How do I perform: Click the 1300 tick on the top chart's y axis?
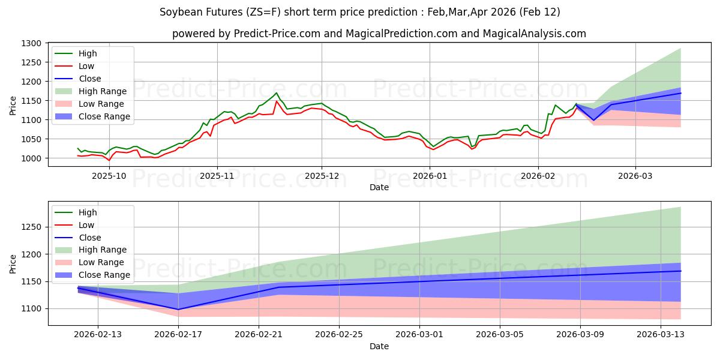point(32,43)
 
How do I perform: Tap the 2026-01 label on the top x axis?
point(430,176)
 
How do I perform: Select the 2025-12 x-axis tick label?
point(322,176)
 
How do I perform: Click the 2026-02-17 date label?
point(178,335)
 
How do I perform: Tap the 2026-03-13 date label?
point(661,335)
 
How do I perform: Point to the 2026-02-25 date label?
point(339,335)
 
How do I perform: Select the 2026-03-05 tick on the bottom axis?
point(500,335)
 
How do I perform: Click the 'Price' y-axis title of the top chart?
point(13,105)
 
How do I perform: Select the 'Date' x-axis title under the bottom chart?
point(379,346)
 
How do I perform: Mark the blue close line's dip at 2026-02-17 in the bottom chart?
point(178,310)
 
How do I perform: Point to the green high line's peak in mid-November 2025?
point(277,92)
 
